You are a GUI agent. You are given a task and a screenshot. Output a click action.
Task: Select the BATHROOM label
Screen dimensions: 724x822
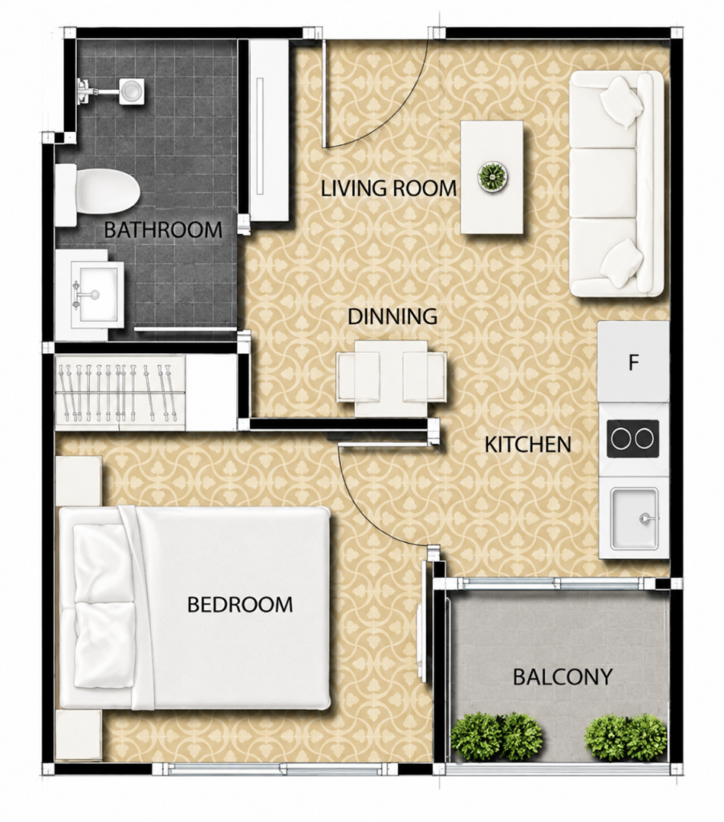click(x=163, y=230)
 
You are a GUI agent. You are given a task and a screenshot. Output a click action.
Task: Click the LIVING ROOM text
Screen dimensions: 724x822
click(x=388, y=188)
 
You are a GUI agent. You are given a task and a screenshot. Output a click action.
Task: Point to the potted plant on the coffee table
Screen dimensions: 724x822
click(x=494, y=176)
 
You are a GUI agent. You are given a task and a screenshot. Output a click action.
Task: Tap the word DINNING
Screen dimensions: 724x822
click(x=393, y=316)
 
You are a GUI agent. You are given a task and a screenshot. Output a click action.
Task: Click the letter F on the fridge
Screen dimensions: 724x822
click(x=634, y=362)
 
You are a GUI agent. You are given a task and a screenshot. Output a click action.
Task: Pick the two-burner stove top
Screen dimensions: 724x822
click(x=633, y=438)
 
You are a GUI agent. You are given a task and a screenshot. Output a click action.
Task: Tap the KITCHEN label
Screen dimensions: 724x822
click(x=528, y=445)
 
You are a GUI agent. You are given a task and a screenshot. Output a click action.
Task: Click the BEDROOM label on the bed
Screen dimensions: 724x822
click(x=239, y=604)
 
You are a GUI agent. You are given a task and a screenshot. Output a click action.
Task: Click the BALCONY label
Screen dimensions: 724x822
click(x=563, y=677)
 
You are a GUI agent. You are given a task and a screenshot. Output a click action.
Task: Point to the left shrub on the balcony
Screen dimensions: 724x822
click(x=497, y=736)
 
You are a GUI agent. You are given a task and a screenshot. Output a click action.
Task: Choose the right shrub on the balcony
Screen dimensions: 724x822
click(x=625, y=736)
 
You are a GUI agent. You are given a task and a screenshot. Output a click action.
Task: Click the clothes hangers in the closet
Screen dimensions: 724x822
click(x=116, y=392)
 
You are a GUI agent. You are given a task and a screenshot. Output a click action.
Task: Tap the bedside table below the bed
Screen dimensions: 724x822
click(x=78, y=736)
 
